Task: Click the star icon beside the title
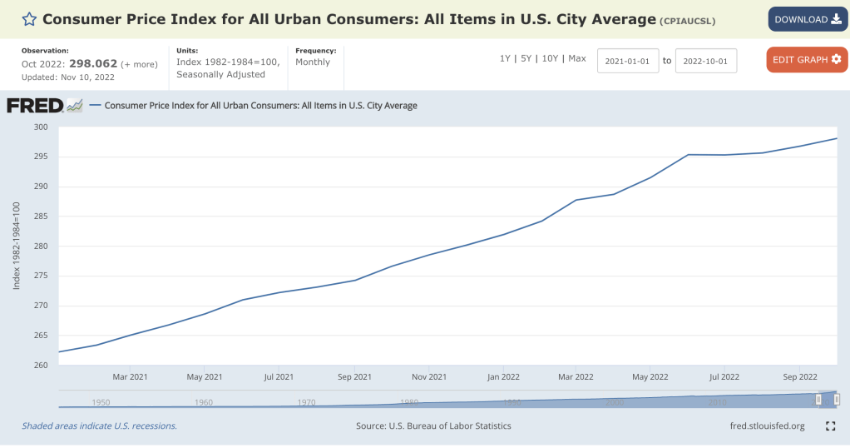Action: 29,19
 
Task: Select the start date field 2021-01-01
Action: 628,61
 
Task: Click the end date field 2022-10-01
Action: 705,61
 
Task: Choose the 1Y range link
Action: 505,58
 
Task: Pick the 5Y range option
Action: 526,58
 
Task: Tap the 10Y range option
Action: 550,58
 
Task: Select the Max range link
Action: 577,58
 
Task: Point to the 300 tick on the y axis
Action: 42,127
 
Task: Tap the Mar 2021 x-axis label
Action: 131,377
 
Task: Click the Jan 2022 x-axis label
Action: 502,377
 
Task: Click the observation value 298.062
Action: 93,64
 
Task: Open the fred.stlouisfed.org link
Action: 766,426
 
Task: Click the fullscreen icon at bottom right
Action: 830,426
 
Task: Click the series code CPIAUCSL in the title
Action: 687,21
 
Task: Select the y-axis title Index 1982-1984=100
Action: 17,246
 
